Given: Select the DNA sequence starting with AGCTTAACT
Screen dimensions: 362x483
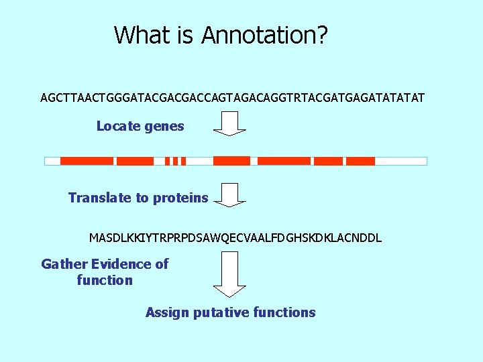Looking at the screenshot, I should coord(232,98).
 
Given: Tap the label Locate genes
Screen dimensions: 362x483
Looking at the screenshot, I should coord(140,126).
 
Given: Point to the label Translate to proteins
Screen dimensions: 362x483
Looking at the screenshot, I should coord(138,198).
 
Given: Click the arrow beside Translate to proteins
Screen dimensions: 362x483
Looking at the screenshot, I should coord(229,194).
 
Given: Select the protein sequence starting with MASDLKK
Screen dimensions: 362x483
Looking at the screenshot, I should coord(235,238).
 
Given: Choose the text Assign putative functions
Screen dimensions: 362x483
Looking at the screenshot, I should coord(230,312).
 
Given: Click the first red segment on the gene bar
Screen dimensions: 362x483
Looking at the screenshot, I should coord(87,161).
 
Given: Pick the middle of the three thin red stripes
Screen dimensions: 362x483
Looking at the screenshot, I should coord(175,161).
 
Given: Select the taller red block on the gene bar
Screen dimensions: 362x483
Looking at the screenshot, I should coord(231,160).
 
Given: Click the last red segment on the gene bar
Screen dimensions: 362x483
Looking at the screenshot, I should coord(360,161).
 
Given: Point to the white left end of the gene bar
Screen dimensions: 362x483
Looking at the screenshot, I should coord(52,161).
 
